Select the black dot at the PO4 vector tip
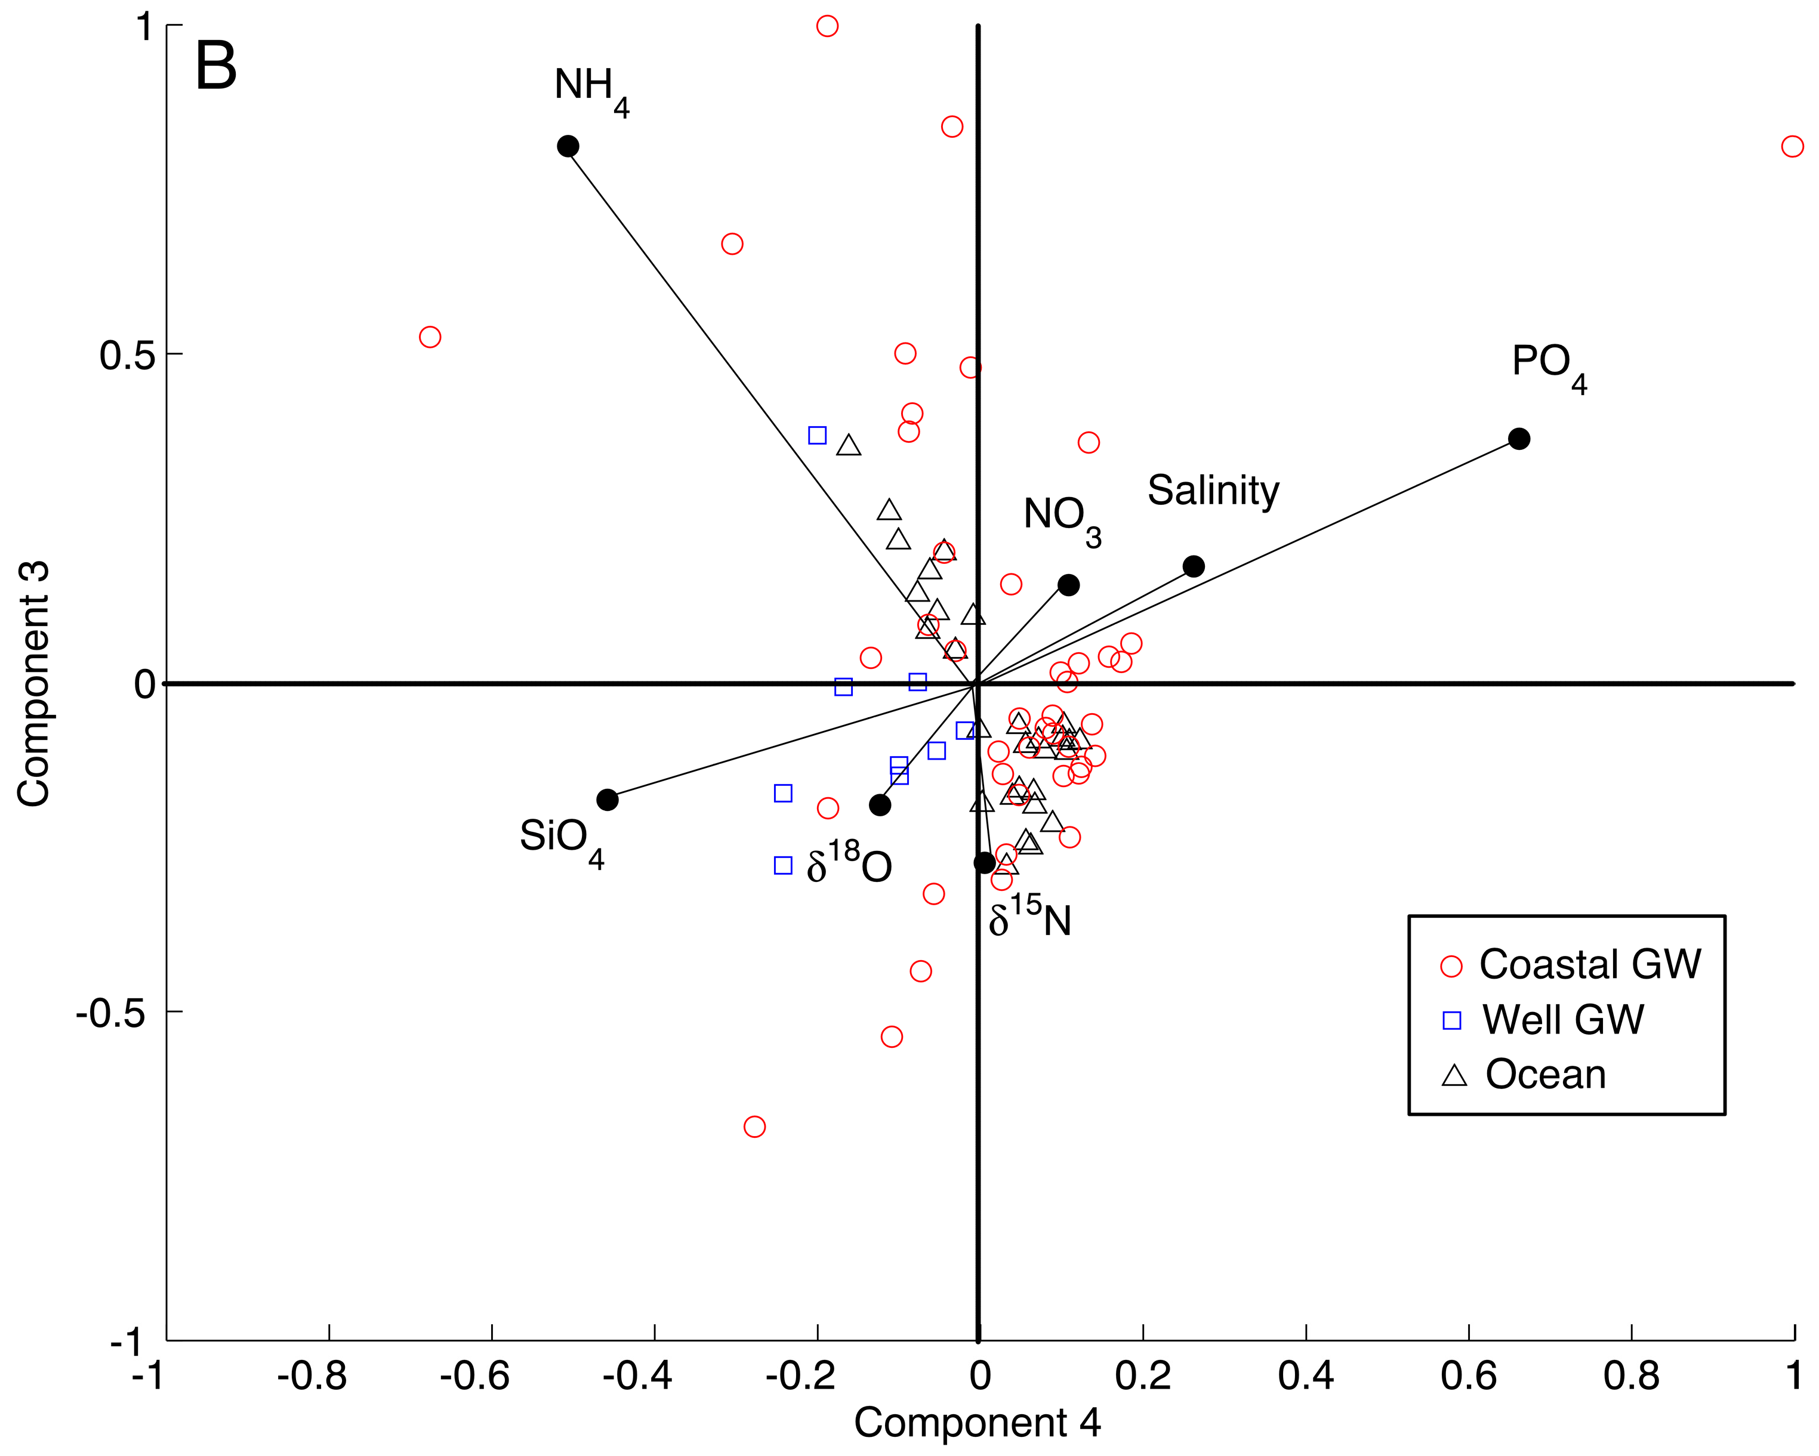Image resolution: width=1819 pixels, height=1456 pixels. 1519,439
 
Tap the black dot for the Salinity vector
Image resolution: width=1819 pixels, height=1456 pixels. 1193,566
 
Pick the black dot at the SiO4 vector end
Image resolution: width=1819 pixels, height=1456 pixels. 608,800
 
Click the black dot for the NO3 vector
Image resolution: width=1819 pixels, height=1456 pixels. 1068,585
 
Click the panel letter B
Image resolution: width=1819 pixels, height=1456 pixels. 216,67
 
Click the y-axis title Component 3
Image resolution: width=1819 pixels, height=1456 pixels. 34,683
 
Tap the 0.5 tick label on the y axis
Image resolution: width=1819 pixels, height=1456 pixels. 127,355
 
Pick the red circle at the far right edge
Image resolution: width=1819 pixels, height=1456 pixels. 1792,147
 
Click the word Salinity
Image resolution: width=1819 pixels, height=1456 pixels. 1213,491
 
